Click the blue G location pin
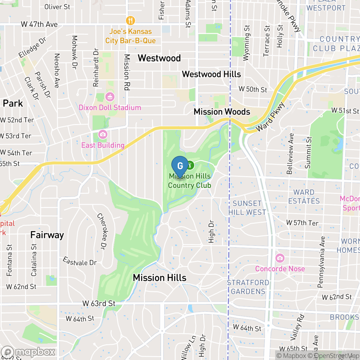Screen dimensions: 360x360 180,166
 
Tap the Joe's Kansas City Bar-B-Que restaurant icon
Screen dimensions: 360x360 130,21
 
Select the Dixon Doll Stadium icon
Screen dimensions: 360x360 110,96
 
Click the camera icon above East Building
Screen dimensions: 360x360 103,134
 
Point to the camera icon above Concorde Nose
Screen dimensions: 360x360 280,258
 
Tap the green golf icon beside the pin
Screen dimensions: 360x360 190,166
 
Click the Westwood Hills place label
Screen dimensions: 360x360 211,74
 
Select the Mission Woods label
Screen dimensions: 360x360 222,112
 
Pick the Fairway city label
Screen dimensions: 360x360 47,235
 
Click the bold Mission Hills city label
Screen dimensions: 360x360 159,278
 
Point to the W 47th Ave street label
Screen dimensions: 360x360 39,24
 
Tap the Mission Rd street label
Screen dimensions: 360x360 127,72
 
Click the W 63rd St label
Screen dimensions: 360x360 99,303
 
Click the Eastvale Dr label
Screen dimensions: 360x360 80,261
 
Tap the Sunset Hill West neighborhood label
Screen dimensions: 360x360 247,208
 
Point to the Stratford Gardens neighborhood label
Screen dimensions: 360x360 248,287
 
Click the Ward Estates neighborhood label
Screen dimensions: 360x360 304,197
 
